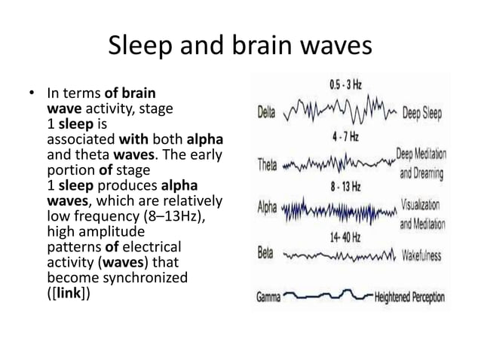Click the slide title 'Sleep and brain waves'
tap(240, 47)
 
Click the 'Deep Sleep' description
tap(421, 114)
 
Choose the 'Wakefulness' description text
tap(421, 255)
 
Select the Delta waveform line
tap(339, 114)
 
